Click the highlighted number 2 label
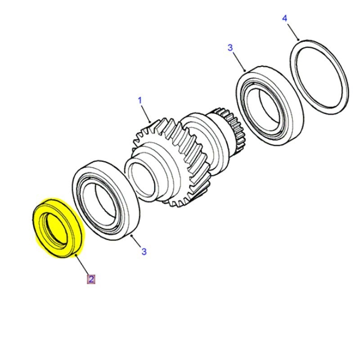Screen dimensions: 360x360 pyautogui.click(x=91, y=279)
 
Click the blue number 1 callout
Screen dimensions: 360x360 pyautogui.click(x=139, y=100)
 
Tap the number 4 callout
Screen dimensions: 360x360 pyautogui.click(x=284, y=18)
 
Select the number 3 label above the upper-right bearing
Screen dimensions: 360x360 pyautogui.click(x=230, y=48)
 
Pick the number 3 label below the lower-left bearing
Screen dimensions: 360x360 pyautogui.click(x=144, y=252)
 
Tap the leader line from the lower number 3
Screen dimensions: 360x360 pyautogui.click(x=136, y=241)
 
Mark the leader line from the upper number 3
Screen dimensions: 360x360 pyautogui.click(x=238, y=60)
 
